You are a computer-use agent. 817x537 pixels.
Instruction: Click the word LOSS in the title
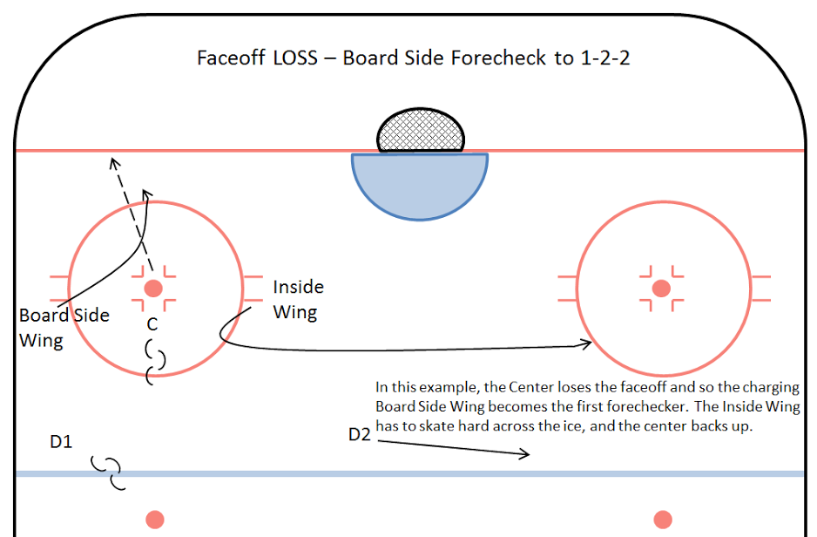coord(288,58)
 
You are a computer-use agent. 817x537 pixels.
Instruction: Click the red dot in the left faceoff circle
coord(153,288)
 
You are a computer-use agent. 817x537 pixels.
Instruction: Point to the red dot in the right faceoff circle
coord(661,288)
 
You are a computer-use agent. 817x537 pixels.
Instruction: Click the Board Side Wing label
coord(64,327)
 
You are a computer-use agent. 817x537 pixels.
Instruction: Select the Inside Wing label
coord(298,299)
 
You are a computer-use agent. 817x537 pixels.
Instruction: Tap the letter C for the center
coord(152,324)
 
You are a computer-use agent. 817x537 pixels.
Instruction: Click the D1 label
coord(60,443)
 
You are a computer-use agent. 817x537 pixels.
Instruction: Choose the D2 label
coord(360,434)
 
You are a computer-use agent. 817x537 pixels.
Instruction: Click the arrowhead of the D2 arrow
coord(525,453)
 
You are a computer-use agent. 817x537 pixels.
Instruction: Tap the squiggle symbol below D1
coord(111,472)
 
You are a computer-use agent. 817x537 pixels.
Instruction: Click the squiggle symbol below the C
coord(155,362)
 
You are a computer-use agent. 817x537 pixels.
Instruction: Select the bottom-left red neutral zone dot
coord(154,519)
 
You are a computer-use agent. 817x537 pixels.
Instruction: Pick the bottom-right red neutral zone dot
coord(662,519)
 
